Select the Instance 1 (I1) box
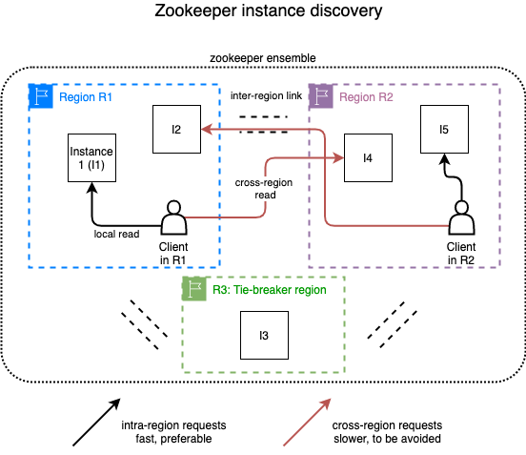click(91, 159)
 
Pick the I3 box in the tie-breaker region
click(263, 336)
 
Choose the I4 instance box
click(368, 158)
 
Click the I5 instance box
click(443, 129)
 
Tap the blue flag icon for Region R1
click(40, 96)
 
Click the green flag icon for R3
click(193, 289)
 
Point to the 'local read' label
click(117, 233)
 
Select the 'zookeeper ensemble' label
click(263, 59)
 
